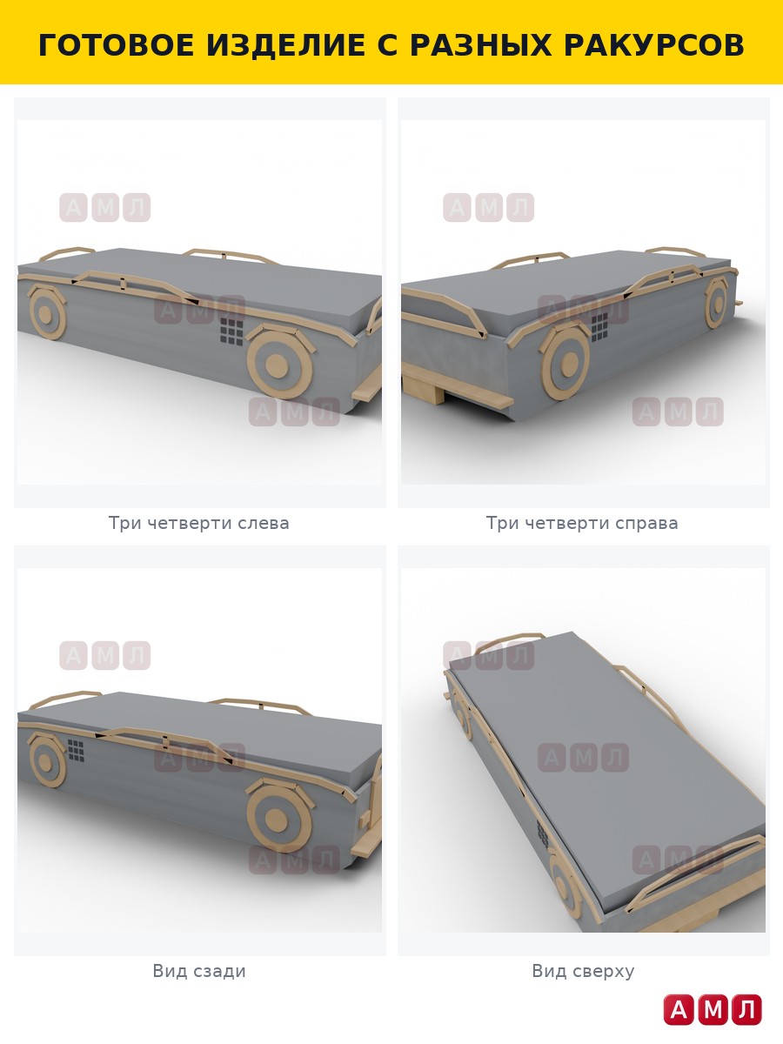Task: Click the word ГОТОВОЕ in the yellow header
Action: [x=117, y=45]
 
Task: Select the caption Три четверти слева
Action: [x=198, y=523]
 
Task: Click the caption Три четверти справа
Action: [x=582, y=523]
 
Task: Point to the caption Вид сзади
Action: [x=199, y=971]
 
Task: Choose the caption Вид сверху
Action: [x=583, y=971]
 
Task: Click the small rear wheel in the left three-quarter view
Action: [x=47, y=313]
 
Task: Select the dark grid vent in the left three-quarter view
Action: [x=231, y=332]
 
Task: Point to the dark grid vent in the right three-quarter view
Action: [x=599, y=327]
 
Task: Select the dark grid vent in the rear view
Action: [x=76, y=751]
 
